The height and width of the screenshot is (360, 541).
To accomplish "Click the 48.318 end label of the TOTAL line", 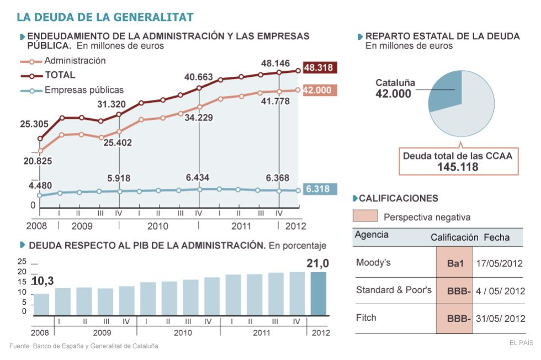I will click(318, 68).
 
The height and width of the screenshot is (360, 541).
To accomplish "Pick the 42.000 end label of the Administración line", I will click(317, 90).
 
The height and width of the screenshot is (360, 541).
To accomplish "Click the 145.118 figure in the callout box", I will click(458, 167).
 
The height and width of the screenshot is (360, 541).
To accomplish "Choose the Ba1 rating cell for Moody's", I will click(454, 263).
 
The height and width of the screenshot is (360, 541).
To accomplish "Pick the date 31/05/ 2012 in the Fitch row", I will click(499, 319).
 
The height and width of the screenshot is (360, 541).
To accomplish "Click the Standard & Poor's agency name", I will click(394, 290).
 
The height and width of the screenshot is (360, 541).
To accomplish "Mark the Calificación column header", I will click(454, 237).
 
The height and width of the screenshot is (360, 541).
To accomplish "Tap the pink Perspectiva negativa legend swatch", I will click(365, 216).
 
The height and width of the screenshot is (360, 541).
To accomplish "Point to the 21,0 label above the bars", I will click(318, 264).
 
